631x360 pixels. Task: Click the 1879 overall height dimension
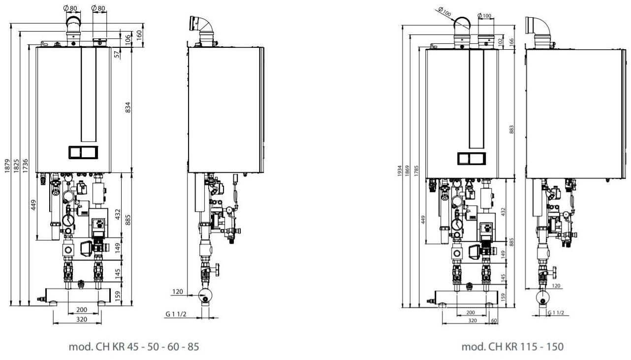point(7,166)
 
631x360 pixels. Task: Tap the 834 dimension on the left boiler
point(128,107)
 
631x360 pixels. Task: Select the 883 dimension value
point(511,130)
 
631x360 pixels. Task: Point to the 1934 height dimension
point(400,171)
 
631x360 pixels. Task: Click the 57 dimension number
point(117,54)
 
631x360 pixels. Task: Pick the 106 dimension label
point(128,39)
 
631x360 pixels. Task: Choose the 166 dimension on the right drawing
point(512,41)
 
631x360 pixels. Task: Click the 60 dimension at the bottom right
point(494,321)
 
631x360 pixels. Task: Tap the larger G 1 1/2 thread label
point(176,314)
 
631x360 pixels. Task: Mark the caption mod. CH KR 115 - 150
point(512,347)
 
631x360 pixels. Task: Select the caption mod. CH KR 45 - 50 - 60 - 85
point(134,347)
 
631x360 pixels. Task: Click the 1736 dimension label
point(26,166)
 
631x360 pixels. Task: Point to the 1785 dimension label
point(416,171)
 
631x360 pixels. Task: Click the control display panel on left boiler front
point(83,153)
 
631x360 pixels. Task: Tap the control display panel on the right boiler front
point(472,159)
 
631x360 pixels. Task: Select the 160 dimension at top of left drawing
point(139,35)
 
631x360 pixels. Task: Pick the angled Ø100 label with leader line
point(445,13)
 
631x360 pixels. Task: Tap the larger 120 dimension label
point(178,292)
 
